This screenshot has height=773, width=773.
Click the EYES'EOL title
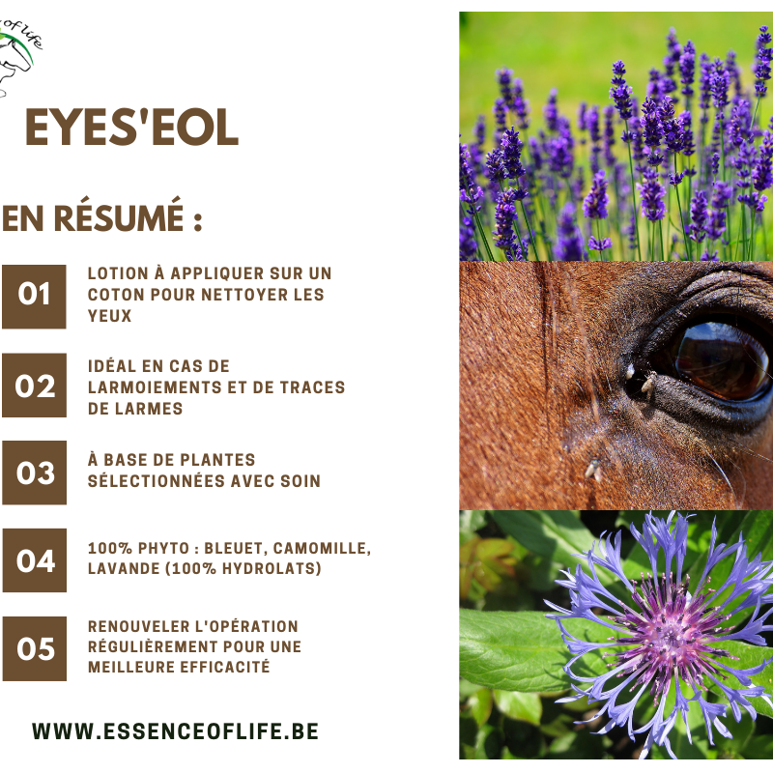[131, 128]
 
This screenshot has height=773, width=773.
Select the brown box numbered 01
[34, 297]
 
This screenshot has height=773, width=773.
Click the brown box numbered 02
[34, 385]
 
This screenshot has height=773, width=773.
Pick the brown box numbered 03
[34, 472]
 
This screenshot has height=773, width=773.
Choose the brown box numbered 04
[34, 560]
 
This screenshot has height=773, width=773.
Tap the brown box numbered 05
[34, 648]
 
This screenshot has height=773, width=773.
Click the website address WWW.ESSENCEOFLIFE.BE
[176, 731]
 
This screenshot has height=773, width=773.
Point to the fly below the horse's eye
[593, 470]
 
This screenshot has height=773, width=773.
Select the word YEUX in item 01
[109, 316]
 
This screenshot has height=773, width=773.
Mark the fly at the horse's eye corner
[647, 385]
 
